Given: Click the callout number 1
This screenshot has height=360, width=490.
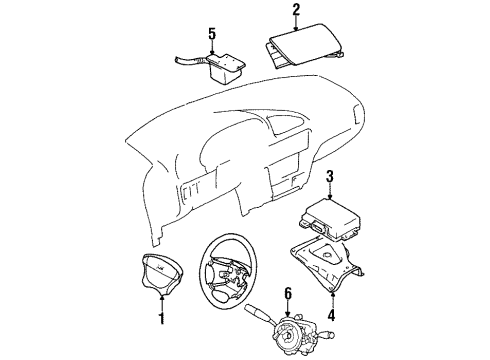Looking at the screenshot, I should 161,320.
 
